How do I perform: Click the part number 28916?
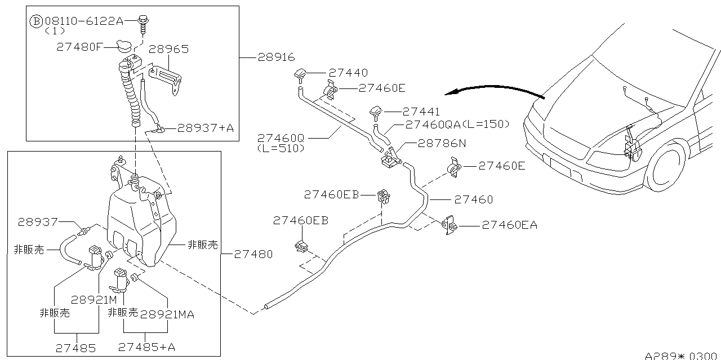point(276,57)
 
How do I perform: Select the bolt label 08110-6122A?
point(84,21)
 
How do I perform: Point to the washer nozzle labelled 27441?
point(375,113)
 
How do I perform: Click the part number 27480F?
point(79,47)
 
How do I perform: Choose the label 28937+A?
point(206,128)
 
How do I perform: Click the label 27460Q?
point(281,138)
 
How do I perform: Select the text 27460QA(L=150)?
point(457,125)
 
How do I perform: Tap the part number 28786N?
point(442,143)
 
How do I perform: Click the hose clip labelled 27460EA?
point(449,225)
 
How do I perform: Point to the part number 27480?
point(253,255)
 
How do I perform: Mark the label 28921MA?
point(167,314)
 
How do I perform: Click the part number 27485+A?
point(146,347)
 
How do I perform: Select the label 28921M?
point(94,300)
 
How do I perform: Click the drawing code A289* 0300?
point(681,356)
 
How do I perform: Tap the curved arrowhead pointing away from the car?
point(451,92)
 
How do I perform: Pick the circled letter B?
point(36,21)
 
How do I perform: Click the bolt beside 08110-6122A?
point(143,25)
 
